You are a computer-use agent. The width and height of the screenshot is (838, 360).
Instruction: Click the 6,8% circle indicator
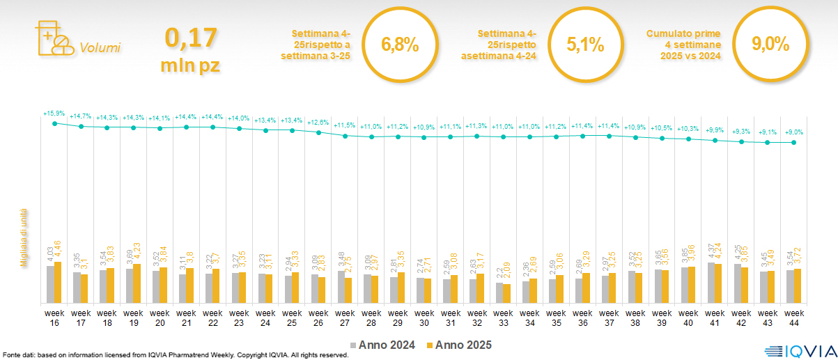[x=400, y=45]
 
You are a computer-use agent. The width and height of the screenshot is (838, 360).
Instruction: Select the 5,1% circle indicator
[x=584, y=45]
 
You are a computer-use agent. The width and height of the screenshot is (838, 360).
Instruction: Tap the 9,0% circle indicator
[x=770, y=45]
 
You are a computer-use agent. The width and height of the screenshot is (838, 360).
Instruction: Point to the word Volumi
[x=100, y=48]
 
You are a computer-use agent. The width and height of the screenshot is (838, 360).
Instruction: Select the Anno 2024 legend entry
[x=382, y=345]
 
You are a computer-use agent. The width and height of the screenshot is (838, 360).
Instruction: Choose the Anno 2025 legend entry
[x=459, y=345]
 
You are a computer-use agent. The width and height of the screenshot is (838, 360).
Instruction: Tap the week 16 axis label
[x=54, y=318]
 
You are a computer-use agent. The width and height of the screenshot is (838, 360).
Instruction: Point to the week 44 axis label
[x=795, y=318]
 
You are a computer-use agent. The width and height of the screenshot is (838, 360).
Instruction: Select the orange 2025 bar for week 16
[x=58, y=282]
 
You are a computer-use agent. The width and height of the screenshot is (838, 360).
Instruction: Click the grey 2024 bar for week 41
[x=711, y=283]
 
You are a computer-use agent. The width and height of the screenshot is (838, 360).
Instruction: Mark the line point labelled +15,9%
[x=54, y=123]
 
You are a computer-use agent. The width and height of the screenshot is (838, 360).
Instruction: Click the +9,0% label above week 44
[x=795, y=132]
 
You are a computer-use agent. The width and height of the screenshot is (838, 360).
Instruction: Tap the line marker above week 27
[x=345, y=136]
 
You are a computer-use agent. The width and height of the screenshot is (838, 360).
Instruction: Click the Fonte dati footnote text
[x=174, y=355]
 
